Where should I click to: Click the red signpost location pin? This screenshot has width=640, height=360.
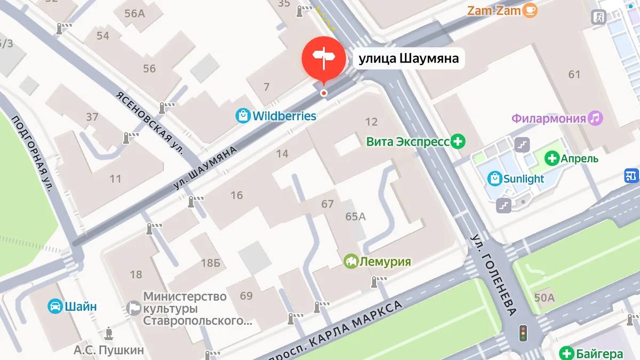coord(323,58)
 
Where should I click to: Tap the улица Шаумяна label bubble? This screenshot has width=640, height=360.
coord(409,59)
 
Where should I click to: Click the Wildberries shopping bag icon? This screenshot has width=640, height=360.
coord(243,116)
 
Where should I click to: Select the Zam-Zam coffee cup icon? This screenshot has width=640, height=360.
coord(530,10)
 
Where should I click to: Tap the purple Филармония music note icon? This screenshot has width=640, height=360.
coord(596,118)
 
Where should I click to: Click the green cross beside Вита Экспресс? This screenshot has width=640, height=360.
coord(458,142)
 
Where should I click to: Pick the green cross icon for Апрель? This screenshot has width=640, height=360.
coord(552,158)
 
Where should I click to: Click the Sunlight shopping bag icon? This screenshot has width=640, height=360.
coord(495,178)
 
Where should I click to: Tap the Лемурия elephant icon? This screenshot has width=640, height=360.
coord(351,261)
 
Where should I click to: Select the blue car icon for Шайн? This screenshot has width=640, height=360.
coord(55,306)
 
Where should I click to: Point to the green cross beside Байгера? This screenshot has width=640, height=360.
coord(566,353)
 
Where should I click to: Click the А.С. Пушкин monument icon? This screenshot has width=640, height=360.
coord(109,333)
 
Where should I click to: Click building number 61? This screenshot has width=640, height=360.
coord(574,75)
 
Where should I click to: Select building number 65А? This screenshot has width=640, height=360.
coord(356,217)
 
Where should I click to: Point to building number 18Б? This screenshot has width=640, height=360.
coord(211,262)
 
